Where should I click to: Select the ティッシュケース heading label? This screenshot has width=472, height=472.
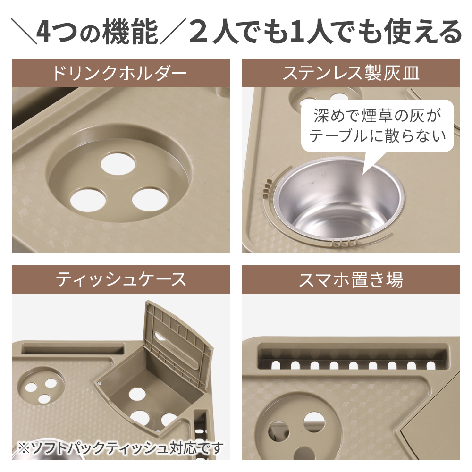tap(121, 280)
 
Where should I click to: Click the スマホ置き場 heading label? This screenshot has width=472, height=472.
tap(351, 280)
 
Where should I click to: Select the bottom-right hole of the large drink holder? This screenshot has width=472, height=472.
tap(150, 199)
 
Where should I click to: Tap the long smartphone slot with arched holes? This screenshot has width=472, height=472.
tap(352, 358)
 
